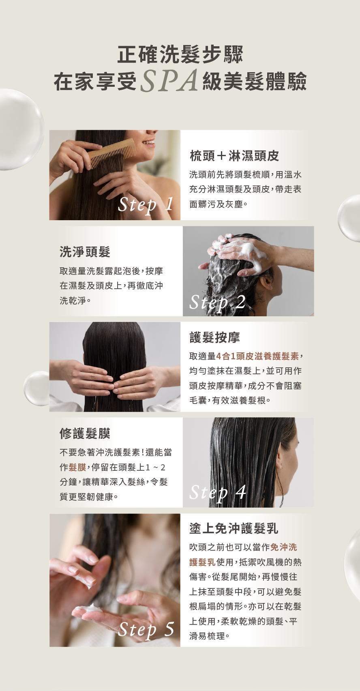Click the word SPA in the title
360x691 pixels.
click(169, 81)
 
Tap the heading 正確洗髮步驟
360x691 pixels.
click(180, 55)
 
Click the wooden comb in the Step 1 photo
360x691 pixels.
click(111, 153)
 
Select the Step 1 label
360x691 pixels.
click(146, 205)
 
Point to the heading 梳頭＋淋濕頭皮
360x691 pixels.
click(234, 156)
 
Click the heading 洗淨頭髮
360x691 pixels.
click(85, 252)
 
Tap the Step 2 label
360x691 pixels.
click(217, 303)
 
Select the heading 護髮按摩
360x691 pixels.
click(215, 337)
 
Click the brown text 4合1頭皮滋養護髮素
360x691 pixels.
click(257, 356)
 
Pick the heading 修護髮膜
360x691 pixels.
click(85, 433)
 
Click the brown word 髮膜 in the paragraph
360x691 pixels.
click(77, 467)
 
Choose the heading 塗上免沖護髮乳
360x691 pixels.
click(234, 528)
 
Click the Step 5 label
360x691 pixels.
click(146, 629)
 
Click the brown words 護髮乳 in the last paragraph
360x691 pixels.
click(202, 562)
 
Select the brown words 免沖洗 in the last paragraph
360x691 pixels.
click(284, 547)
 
